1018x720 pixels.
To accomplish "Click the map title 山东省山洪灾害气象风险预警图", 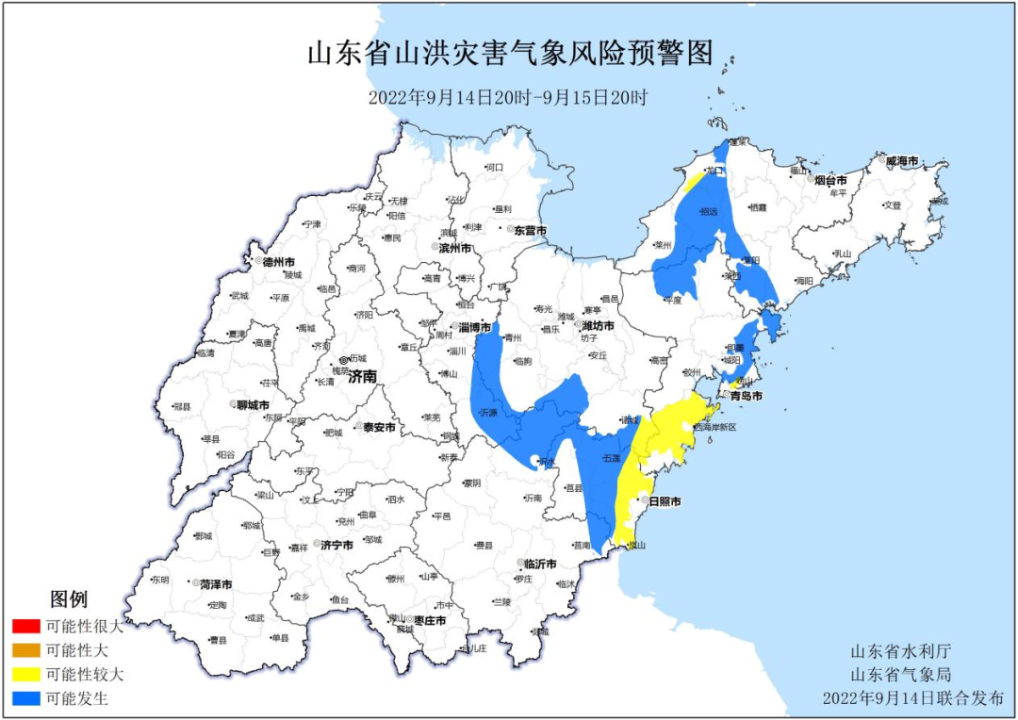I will point(509,53).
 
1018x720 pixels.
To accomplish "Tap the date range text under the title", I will point(508,97).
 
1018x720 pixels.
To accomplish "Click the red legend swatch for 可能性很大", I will point(26,626).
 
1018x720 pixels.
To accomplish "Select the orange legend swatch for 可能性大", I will point(26,650).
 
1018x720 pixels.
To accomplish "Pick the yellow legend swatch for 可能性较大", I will point(26,675).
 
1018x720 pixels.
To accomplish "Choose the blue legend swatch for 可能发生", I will point(26,699).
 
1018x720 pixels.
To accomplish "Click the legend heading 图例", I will point(69,599).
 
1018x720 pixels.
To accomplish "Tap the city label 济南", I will point(362,376).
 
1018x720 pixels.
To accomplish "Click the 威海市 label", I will point(902,161).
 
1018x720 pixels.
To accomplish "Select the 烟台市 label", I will point(830,179).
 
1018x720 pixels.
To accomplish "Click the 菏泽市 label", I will point(216,584).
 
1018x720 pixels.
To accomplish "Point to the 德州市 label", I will point(278,261).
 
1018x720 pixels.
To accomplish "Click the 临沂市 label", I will point(540,564).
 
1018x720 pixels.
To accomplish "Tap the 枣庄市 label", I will point(429,619).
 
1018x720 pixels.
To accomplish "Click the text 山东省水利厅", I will point(900,652).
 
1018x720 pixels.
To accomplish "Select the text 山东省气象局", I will point(900,675).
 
